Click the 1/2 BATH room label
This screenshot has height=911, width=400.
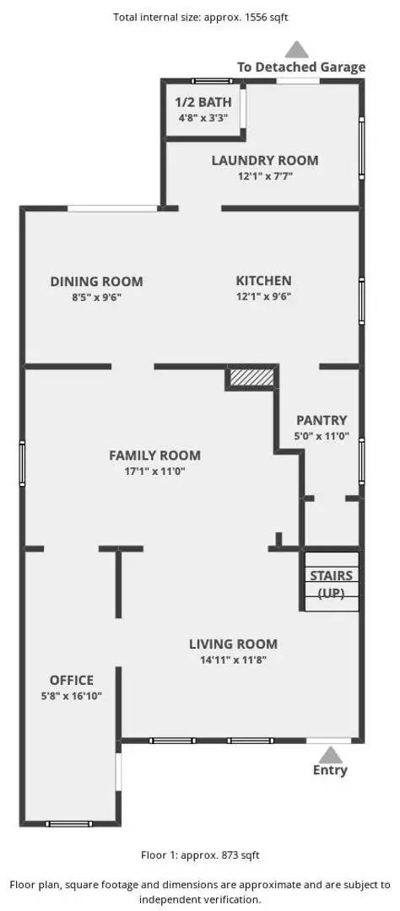203,102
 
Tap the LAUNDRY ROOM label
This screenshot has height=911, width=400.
264,160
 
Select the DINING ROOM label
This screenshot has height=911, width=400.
96,282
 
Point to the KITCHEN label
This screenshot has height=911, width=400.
263,281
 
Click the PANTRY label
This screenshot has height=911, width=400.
322,420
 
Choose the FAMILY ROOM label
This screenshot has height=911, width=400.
154,455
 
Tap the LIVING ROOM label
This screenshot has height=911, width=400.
233,644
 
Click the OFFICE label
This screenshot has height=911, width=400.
72,681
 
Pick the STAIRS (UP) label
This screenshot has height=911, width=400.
331,584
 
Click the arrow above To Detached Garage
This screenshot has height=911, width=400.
296,49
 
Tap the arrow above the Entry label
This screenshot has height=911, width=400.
331,755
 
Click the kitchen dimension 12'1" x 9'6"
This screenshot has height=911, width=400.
263,296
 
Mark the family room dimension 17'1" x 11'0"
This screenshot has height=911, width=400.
154,472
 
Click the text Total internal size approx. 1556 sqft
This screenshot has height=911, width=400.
201,18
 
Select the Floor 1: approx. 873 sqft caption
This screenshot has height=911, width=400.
200,854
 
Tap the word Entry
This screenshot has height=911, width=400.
330,770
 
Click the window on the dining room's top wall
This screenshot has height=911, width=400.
112,208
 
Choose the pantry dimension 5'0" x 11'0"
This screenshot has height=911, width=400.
322,435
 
